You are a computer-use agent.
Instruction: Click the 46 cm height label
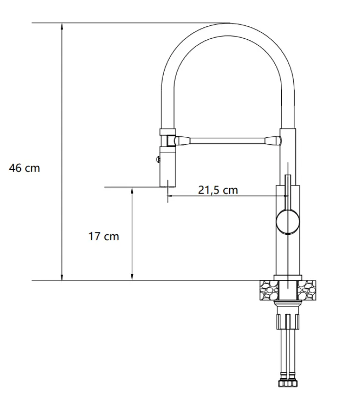coord(24,168)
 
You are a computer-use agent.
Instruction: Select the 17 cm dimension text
coord(104,236)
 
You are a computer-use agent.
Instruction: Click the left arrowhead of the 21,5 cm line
coord(171,196)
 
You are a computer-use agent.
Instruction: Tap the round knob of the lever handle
coord(287,221)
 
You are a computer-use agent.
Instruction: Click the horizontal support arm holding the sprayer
coord(226,140)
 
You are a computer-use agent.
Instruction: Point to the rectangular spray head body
coord(168,166)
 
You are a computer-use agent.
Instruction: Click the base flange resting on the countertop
coord(288,277)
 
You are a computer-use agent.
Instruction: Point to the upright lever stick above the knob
coord(287,192)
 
